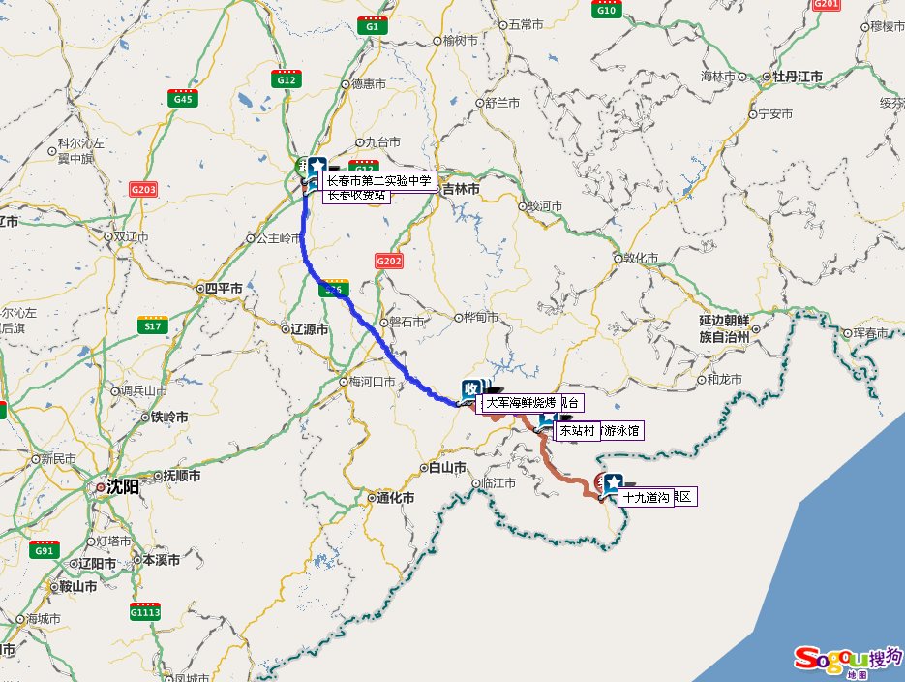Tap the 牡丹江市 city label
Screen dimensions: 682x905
(792, 77)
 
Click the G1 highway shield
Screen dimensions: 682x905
(372, 26)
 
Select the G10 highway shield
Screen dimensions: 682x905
(607, 9)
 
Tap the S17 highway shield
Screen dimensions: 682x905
(152, 325)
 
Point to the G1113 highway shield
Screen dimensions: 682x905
(144, 611)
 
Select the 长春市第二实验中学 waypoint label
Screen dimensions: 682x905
(377, 180)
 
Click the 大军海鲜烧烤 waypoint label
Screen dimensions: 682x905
(521, 402)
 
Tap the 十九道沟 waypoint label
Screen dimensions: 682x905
(646, 497)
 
